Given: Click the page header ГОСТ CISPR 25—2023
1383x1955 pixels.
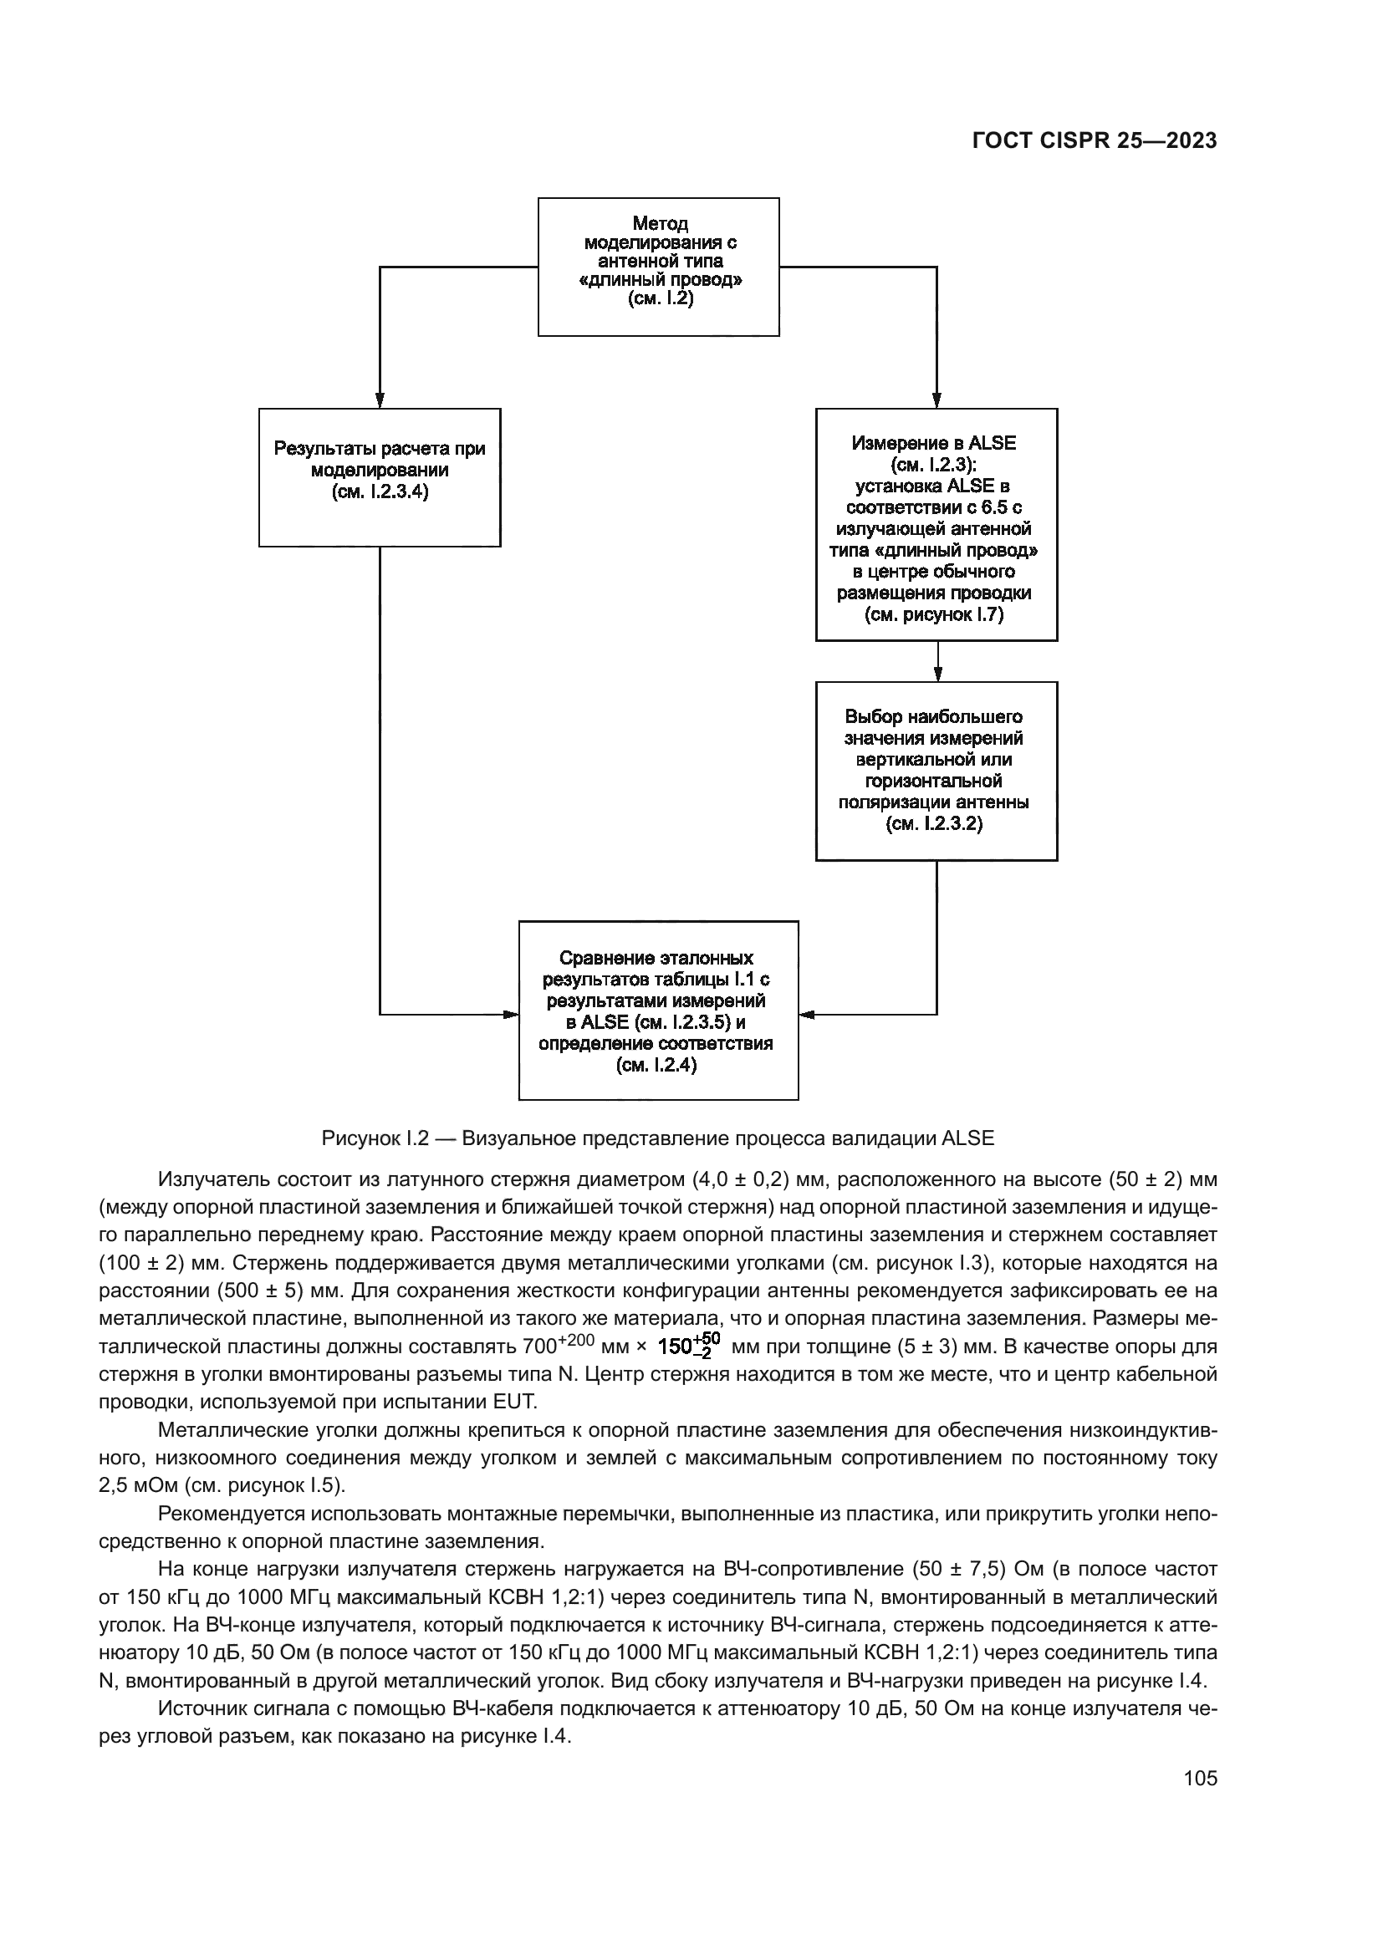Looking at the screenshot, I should [x=1094, y=141].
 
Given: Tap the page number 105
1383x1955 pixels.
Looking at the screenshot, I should [x=1200, y=1778].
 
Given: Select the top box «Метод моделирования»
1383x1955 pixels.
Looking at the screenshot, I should [x=658, y=267].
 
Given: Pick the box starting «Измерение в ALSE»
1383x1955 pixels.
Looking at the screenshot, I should [x=936, y=525].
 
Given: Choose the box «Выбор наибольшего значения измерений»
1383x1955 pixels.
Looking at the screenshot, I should [x=936, y=771].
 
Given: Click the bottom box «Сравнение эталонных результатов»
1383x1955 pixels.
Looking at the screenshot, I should [x=658, y=1011].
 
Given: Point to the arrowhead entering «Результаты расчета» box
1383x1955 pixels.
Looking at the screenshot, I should [x=380, y=400].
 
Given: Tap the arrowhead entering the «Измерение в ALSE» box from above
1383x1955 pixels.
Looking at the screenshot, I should [x=936, y=400].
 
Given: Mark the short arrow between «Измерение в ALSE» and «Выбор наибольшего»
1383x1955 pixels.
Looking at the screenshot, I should [x=937, y=663].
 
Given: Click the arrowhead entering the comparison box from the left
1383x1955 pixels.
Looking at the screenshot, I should [x=510, y=1014].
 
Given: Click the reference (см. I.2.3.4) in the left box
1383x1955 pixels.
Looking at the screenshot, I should [x=380, y=492].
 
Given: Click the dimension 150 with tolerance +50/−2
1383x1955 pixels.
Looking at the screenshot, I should [x=690, y=1347].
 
